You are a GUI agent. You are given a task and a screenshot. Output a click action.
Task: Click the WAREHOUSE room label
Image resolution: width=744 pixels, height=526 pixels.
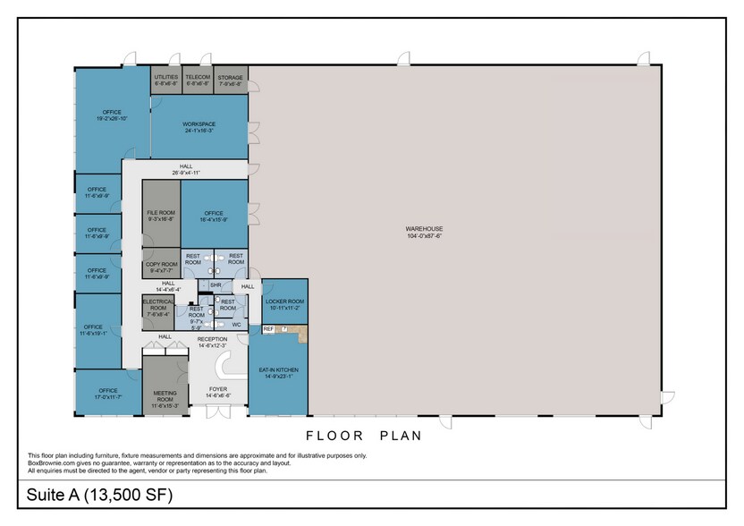tap(425, 229)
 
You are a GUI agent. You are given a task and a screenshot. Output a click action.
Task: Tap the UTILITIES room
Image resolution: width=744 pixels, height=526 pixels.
tap(166, 78)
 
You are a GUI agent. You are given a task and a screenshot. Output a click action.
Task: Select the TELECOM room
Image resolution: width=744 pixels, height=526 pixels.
tap(198, 78)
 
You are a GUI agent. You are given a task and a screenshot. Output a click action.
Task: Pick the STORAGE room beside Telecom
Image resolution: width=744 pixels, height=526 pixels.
tap(230, 78)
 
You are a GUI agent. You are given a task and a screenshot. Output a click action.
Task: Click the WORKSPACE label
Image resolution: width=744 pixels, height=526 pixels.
tap(199, 124)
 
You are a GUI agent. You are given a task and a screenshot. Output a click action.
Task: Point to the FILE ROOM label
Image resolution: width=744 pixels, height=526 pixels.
tap(161, 213)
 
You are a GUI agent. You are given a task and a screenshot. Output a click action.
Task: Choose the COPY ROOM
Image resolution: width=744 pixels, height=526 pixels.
tap(161, 265)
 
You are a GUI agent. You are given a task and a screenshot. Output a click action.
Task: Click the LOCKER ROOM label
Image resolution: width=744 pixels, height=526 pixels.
tap(285, 302)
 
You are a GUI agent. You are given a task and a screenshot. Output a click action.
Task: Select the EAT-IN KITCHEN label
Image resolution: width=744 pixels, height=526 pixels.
tap(278, 369)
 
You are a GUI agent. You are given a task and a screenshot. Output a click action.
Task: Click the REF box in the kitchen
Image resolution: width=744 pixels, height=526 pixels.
tap(268, 329)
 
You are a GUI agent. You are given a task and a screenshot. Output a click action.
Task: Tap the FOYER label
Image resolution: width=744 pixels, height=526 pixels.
tap(218, 389)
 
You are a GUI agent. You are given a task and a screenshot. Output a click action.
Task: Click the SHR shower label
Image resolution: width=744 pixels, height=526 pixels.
tap(216, 285)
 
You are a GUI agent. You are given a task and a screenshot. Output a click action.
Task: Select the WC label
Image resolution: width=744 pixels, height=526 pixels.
tap(237, 324)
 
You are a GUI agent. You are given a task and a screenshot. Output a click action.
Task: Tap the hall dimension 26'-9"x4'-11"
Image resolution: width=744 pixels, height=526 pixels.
tap(186, 173)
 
